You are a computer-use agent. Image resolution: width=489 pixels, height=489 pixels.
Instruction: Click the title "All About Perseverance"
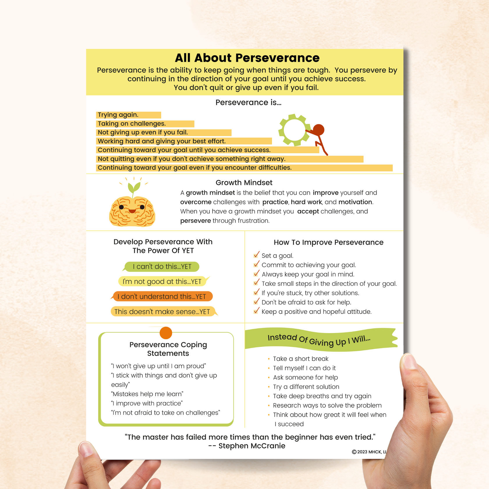pyautogui.click(x=247, y=58)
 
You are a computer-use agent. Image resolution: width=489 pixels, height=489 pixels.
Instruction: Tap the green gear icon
pyautogui.click(x=294, y=130)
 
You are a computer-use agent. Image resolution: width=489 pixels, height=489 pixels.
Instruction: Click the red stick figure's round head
pyautogui.click(x=319, y=130)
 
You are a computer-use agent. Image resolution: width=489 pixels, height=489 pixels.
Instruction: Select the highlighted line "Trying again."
pyautogui.click(x=118, y=115)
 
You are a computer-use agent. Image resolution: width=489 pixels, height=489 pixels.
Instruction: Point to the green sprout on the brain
pyautogui.click(x=134, y=188)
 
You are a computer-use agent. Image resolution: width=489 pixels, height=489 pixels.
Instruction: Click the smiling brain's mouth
pyautogui.click(x=132, y=211)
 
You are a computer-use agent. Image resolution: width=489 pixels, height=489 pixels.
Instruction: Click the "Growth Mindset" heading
pyautogui.click(x=244, y=183)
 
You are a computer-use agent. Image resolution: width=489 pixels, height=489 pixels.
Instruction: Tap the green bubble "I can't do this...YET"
pyautogui.click(x=162, y=267)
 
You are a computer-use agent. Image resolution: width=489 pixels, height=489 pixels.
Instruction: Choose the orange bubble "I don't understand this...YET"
pyautogui.click(x=162, y=297)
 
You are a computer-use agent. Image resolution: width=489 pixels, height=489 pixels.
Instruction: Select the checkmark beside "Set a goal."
pyautogui.click(x=256, y=255)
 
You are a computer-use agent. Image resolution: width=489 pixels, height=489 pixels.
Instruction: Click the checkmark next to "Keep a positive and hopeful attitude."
pyautogui.click(x=256, y=311)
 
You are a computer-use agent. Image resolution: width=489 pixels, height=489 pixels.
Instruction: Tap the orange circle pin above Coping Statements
pyautogui.click(x=166, y=333)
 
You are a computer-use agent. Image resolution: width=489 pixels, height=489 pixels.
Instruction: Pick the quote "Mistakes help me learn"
pyautogui.click(x=147, y=394)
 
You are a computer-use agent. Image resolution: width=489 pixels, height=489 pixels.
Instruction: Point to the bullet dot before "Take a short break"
pyautogui.click(x=269, y=359)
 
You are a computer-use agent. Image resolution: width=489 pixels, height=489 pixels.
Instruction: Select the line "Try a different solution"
pyautogui.click(x=306, y=387)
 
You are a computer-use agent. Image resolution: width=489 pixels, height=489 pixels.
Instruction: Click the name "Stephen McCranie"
pyautogui.click(x=252, y=446)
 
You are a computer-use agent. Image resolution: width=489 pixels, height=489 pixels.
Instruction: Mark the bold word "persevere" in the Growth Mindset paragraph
pyautogui.click(x=196, y=221)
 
